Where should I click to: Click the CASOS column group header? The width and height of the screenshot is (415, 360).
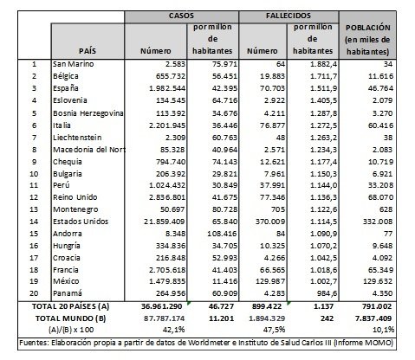(x=181, y=16)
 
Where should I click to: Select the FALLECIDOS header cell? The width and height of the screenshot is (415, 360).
(x=289, y=16)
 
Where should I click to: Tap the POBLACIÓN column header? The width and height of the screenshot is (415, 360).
(x=367, y=40)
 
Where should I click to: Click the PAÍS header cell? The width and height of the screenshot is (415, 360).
(x=88, y=51)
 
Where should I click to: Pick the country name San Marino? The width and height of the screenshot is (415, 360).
(x=74, y=64)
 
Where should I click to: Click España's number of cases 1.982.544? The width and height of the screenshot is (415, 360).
(x=167, y=88)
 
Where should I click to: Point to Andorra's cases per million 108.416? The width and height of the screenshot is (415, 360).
(x=223, y=234)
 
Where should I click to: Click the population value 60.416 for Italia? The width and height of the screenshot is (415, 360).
(x=380, y=125)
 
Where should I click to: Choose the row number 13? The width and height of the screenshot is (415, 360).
(x=34, y=209)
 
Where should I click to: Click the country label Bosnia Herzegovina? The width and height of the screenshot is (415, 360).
(x=88, y=113)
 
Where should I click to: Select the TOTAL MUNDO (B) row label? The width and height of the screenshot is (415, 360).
(x=71, y=318)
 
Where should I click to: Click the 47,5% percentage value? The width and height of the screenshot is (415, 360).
(x=274, y=330)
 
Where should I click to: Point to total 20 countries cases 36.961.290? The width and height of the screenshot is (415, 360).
(x=162, y=306)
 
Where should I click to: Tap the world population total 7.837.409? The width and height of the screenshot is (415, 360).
(x=375, y=318)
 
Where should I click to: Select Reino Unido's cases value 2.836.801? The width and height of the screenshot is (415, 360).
(x=167, y=197)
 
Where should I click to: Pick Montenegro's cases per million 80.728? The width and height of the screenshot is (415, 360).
(x=224, y=209)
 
